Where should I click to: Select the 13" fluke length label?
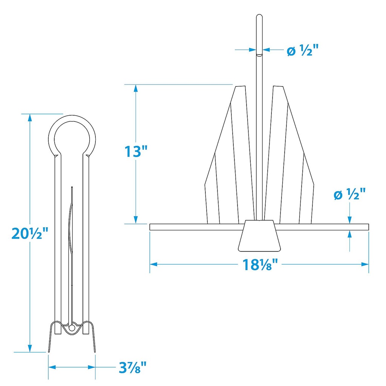(x=135, y=152)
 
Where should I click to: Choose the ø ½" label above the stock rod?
(x=350, y=195)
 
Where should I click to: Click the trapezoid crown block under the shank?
(x=260, y=236)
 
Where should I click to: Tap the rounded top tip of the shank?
(x=259, y=17)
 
